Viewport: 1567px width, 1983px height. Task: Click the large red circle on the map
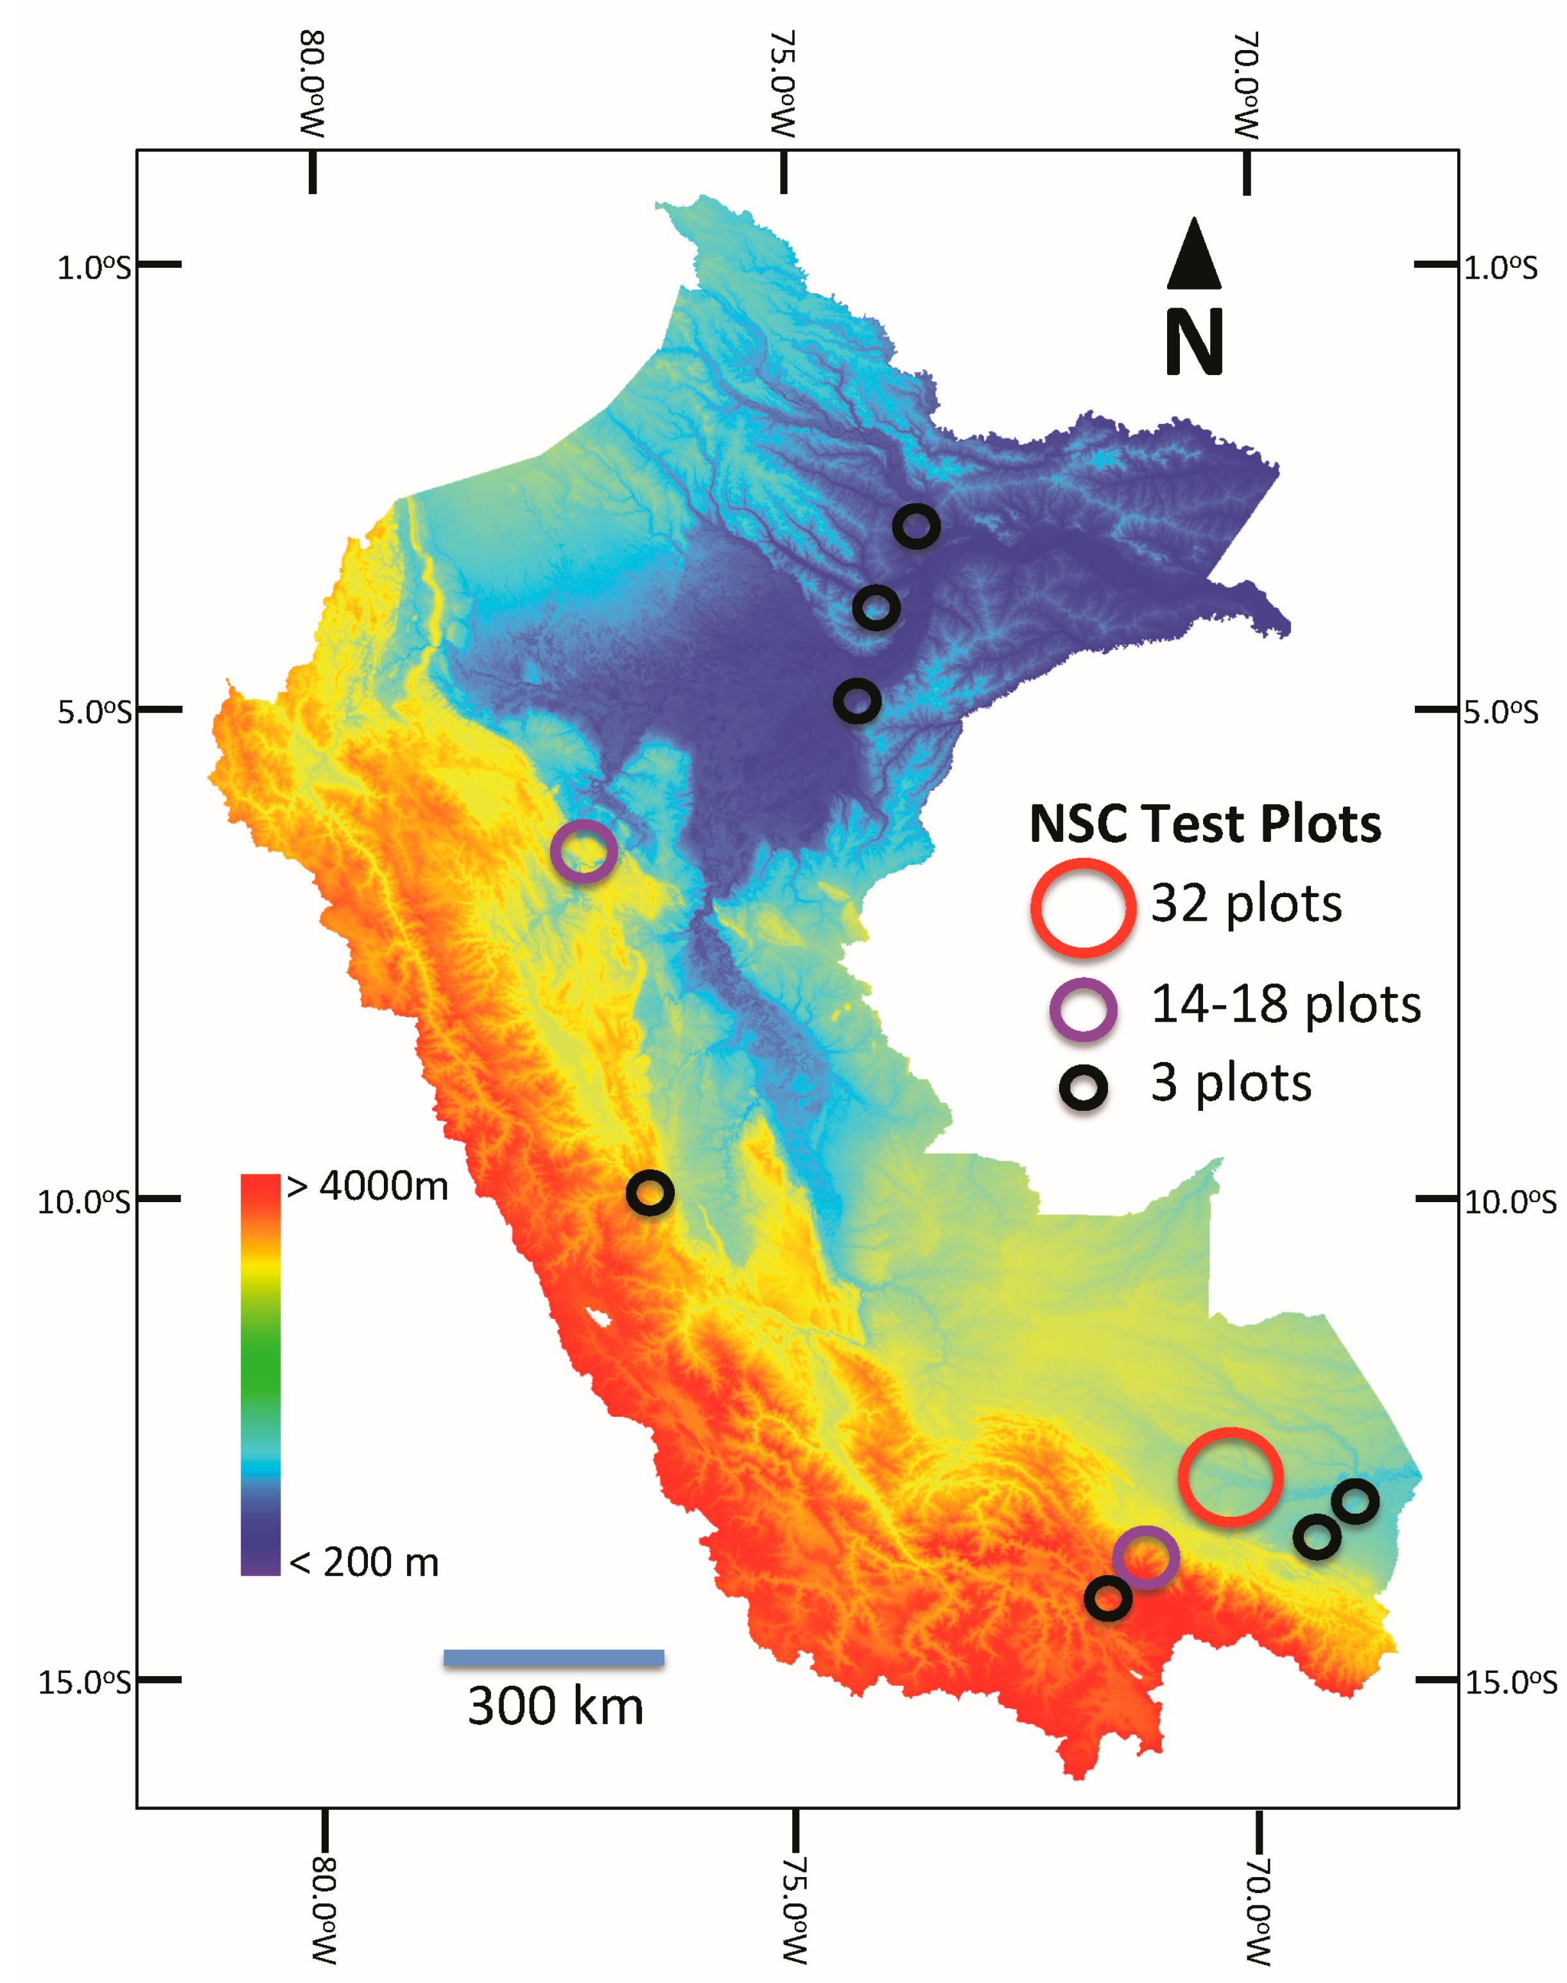pos(1229,1476)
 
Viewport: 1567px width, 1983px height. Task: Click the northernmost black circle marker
pos(915,527)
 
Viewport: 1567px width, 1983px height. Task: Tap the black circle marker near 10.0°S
pos(650,1193)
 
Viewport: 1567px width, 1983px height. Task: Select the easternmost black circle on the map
pos(1355,1502)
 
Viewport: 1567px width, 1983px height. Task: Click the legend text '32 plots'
pos(1246,904)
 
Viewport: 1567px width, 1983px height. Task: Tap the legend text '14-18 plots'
pos(1285,1004)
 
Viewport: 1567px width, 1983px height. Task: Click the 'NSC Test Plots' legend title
pos(1204,823)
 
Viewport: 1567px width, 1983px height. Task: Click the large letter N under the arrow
pos(1193,342)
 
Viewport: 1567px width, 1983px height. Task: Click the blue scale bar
pos(553,1657)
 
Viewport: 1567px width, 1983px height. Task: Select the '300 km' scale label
pos(555,1707)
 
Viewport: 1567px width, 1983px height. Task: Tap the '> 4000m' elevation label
pos(367,1187)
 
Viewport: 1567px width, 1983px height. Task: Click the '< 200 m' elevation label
pos(364,1562)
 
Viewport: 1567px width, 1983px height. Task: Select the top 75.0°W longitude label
pos(782,84)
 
